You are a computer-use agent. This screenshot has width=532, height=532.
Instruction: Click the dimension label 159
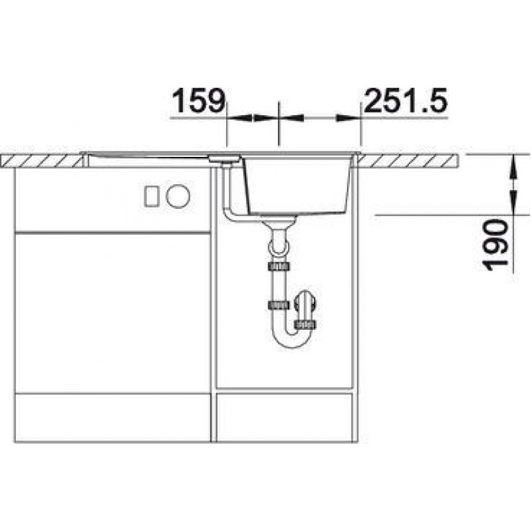[199, 101]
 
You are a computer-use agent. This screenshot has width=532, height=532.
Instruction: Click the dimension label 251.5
[406, 101]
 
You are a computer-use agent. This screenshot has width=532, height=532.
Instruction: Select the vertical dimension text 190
[496, 244]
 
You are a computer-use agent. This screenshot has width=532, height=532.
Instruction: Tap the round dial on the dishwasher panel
[178, 196]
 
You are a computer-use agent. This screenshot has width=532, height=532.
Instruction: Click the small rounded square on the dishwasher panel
[152, 196]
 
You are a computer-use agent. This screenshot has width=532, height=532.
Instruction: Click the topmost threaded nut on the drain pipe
[279, 266]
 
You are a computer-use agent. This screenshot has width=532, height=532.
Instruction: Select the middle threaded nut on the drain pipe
[279, 305]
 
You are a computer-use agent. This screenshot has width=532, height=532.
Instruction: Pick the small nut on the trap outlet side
[306, 325]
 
